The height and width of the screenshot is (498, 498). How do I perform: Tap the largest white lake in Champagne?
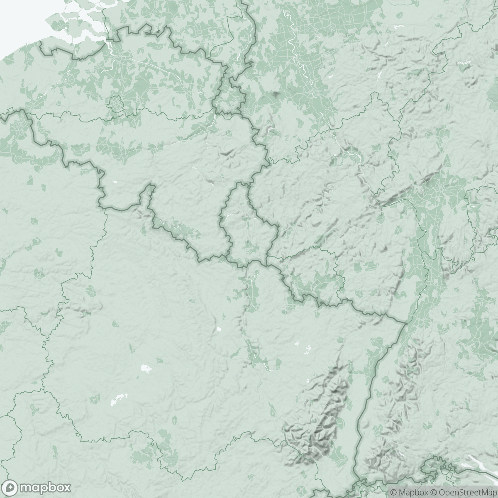(145, 368)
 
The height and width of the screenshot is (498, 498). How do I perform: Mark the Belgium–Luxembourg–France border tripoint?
(227, 258)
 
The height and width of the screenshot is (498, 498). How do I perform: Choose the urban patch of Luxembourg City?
(249, 247)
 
